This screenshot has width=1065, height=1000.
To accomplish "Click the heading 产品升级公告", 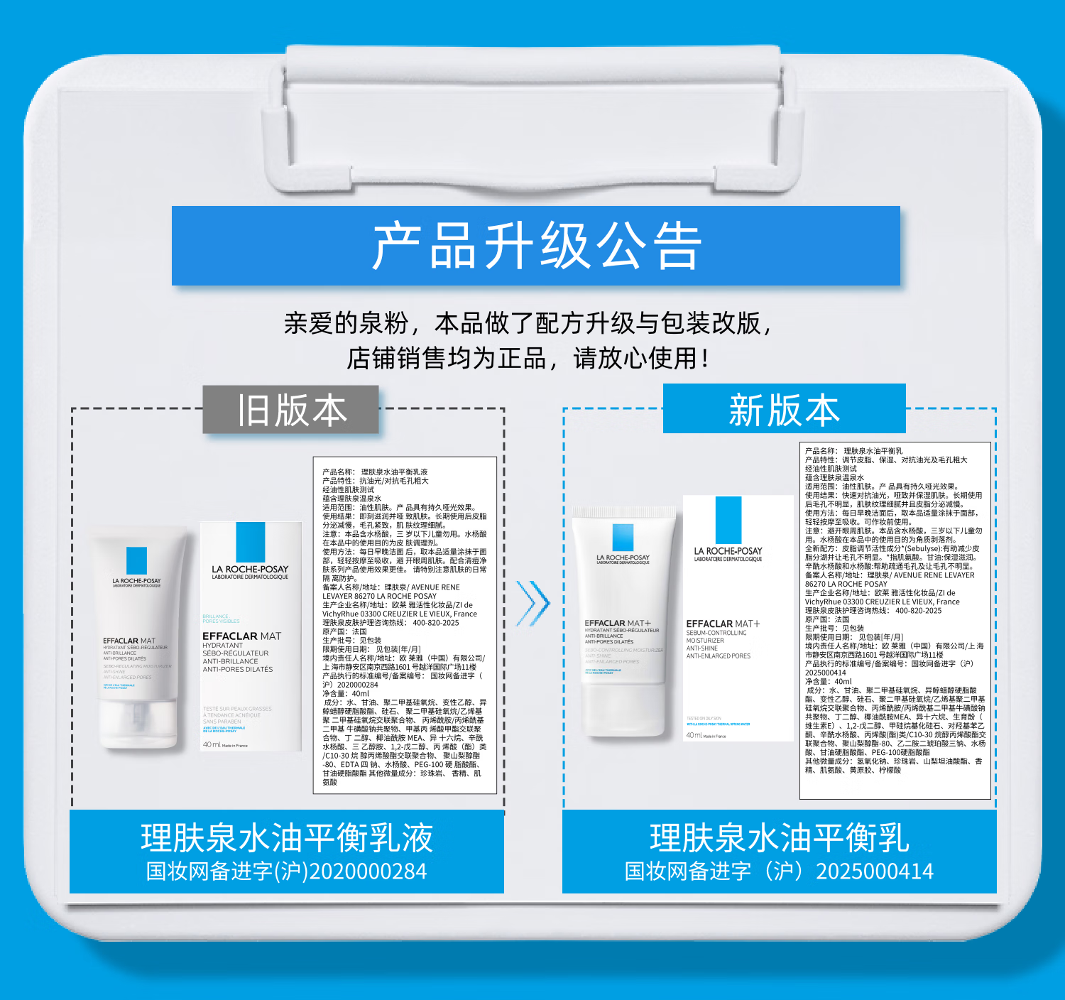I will (x=536, y=246).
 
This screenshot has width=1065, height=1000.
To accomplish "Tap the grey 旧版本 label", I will (x=291, y=410).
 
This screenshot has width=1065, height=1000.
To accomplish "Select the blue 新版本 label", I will (x=784, y=410).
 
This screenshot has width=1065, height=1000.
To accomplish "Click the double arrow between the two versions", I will (x=533, y=603).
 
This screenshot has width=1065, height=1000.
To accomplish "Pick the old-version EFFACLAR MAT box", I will (x=251, y=636).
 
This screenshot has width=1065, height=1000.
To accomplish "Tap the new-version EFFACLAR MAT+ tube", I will (x=623, y=621).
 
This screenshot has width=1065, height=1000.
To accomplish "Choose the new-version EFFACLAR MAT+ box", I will (x=738, y=618).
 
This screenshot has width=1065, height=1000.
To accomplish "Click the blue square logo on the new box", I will (x=728, y=520).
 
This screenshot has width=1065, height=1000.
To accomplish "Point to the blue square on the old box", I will (x=250, y=542).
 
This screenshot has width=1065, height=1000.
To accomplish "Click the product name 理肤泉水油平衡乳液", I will (x=287, y=838).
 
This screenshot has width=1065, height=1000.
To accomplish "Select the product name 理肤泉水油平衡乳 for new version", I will (x=779, y=838).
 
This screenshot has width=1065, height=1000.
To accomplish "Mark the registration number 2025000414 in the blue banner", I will (x=875, y=871).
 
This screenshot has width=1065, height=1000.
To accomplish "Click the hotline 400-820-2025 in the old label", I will (x=436, y=623).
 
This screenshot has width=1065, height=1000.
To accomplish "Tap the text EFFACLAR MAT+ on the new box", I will (x=723, y=624).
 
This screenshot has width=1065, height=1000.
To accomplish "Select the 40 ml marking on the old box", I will (x=212, y=744).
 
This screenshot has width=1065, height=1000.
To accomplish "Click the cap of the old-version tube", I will (x=138, y=724).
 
